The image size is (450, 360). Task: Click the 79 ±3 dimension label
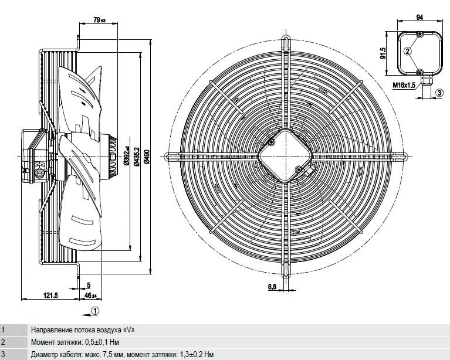pos(100,20)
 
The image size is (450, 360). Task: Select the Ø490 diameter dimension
pos(147,157)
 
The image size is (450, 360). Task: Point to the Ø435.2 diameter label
pos(137,157)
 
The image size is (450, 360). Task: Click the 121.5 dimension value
pos(50,295)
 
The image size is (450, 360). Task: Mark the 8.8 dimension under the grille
pos(272,286)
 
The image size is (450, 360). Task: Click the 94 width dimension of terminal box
pos(419,18)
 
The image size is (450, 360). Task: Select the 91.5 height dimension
pos(383,53)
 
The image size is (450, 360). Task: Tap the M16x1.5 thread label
pos(404,85)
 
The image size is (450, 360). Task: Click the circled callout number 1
pos(95,311)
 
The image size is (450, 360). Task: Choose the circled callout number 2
pos(408,51)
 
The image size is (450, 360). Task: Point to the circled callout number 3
pos(439,93)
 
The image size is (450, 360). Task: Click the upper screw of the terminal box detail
pos(419,35)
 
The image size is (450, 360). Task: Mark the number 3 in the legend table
pos(3,354)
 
